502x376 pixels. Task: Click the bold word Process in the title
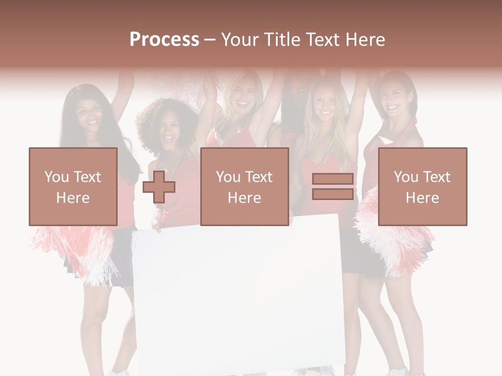[x=164, y=39]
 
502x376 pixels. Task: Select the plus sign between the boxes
[x=159, y=187]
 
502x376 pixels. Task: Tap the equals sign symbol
[x=333, y=186]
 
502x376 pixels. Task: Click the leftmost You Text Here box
[x=73, y=186]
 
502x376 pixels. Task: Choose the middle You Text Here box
[x=244, y=186]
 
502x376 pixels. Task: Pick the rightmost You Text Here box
[x=423, y=186]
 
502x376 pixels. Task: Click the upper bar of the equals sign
[x=333, y=179]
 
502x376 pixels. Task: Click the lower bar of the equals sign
[x=333, y=194]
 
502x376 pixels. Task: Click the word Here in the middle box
[x=244, y=198]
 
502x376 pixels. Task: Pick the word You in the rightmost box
[x=406, y=177]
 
